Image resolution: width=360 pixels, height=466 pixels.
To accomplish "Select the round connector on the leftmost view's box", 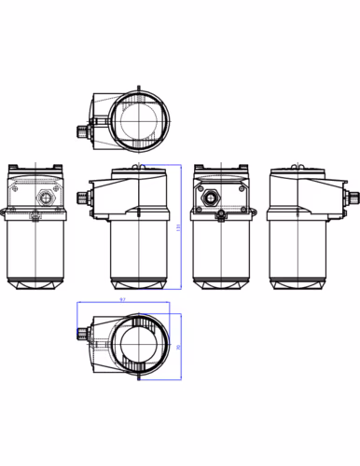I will (43, 198).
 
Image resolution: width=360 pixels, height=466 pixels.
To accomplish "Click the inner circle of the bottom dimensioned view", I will (138, 346).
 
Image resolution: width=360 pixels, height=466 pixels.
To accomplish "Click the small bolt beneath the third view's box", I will (221, 217).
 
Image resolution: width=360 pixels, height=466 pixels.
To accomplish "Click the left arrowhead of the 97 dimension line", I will (78, 303).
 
